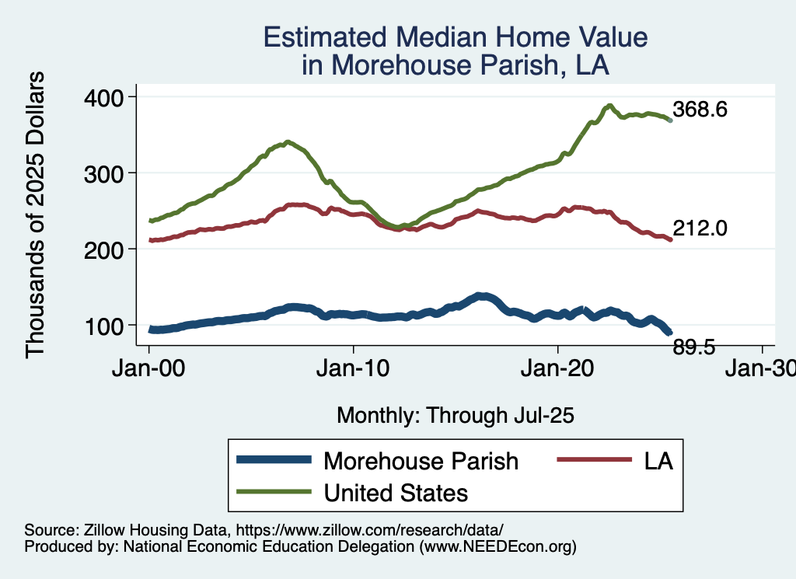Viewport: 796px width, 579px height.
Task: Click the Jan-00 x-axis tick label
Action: (x=148, y=368)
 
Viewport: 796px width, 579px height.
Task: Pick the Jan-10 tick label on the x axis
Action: (x=353, y=368)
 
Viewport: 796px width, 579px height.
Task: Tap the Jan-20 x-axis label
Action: (x=557, y=368)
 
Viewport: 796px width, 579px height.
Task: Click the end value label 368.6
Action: (x=700, y=110)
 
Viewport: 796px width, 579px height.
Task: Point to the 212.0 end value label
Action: (x=700, y=228)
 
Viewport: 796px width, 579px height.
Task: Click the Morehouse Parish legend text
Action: (x=421, y=461)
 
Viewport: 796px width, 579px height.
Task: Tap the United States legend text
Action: (x=396, y=492)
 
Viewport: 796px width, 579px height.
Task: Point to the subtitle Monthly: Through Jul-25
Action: (x=455, y=416)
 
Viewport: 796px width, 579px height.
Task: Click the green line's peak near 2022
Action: (x=610, y=105)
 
